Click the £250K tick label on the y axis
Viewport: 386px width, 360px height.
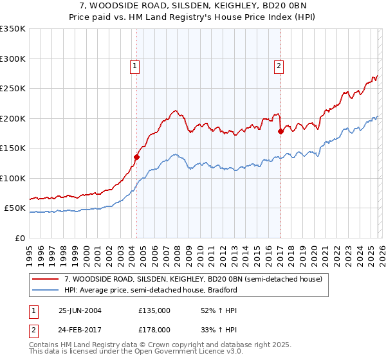(12, 89)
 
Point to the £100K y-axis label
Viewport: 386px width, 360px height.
(12, 178)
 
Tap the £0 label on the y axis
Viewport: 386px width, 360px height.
(20, 238)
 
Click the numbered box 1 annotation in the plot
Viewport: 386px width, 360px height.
(135, 65)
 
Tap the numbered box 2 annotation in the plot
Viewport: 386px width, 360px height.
(279, 65)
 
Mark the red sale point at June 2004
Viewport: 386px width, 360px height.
(136, 156)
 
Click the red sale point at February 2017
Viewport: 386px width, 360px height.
(280, 131)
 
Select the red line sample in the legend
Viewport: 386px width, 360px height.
(46, 279)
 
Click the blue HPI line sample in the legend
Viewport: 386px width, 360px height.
(46, 290)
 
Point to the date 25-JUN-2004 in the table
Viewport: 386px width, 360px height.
(80, 310)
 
